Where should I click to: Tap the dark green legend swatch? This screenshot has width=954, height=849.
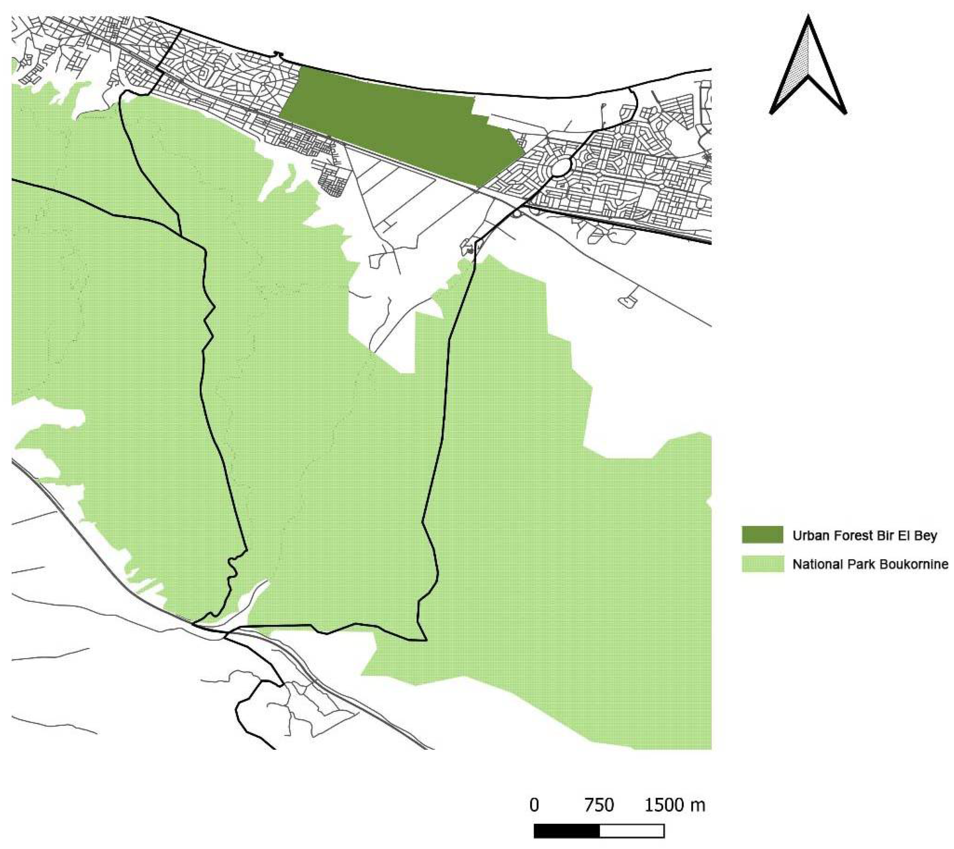point(763,535)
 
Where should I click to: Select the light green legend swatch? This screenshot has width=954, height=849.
point(763,563)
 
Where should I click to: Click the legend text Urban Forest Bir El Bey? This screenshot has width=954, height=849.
point(865,535)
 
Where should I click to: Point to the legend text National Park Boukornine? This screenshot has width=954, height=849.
point(871,564)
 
